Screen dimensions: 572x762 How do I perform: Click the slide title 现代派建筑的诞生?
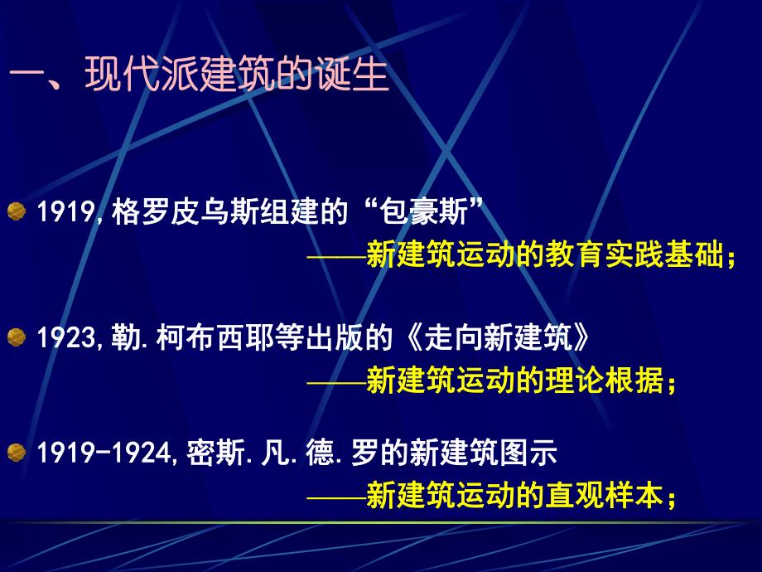click(x=236, y=79)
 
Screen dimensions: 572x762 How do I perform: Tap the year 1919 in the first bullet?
click(x=65, y=216)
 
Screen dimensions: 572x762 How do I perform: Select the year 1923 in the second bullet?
click(x=65, y=337)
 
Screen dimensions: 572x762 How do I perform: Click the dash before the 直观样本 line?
click(x=335, y=496)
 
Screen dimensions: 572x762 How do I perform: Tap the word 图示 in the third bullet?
click(x=535, y=453)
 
